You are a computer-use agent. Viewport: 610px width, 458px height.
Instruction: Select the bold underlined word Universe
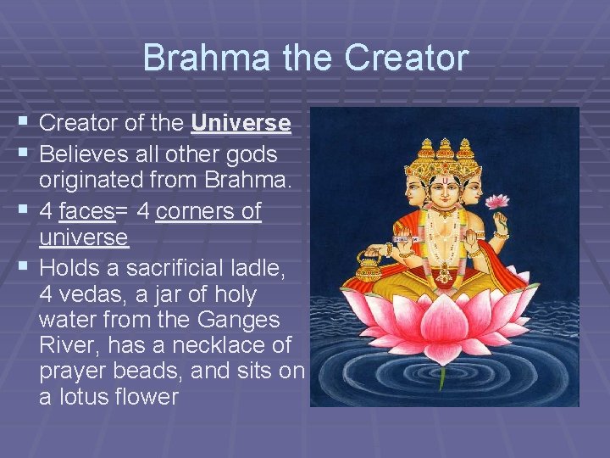click(241, 124)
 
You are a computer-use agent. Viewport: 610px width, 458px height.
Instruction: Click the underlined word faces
click(88, 211)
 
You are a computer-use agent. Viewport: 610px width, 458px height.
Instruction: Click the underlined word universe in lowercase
click(83, 238)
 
